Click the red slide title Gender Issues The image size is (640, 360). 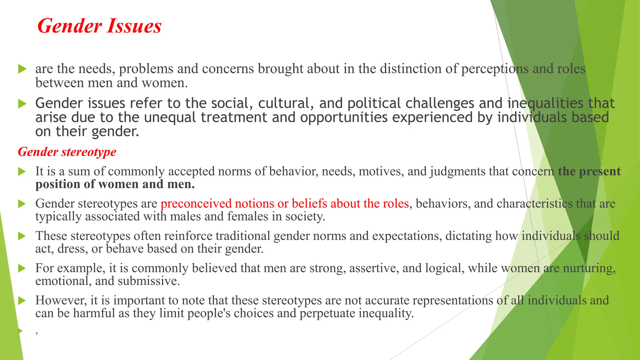coord(99,26)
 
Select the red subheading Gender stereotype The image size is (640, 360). coord(67,152)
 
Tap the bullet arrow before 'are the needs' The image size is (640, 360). coord(22,69)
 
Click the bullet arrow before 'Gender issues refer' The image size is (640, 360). coord(22,103)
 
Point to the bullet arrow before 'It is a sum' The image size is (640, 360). coord(22,171)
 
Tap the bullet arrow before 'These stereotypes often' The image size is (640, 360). coord(22,236)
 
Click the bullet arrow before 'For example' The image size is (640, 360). coord(22,268)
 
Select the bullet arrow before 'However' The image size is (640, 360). coord(22,301)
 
